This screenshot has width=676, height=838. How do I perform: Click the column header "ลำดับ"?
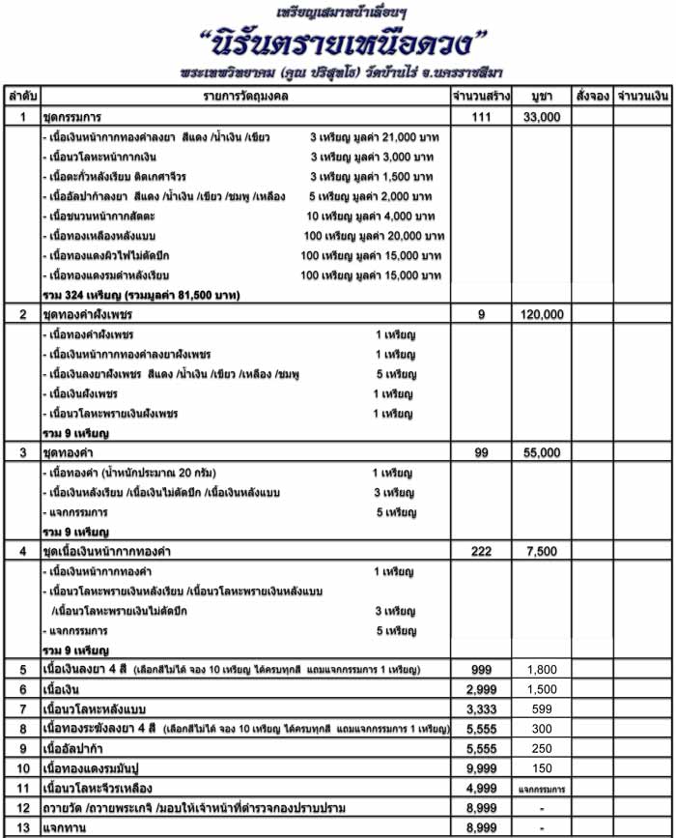click(x=22, y=98)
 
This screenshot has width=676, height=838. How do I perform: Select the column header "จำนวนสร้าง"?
click(x=480, y=98)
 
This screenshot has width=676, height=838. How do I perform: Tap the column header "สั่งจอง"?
click(x=591, y=98)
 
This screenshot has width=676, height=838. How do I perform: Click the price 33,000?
click(x=542, y=117)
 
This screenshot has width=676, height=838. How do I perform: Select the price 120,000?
click(x=542, y=315)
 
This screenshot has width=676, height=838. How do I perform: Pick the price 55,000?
click(x=542, y=452)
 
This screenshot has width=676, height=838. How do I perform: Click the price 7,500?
click(x=542, y=551)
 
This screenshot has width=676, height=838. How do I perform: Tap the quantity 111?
click(x=480, y=117)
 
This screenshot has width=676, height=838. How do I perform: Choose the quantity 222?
click(x=480, y=551)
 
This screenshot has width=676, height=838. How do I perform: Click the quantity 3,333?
click(x=480, y=708)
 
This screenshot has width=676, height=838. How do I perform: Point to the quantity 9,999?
click(x=480, y=767)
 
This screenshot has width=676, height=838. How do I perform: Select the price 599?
click(x=542, y=708)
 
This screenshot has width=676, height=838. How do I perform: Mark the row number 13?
click(x=22, y=827)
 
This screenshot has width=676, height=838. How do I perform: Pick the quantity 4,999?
click(x=480, y=788)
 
